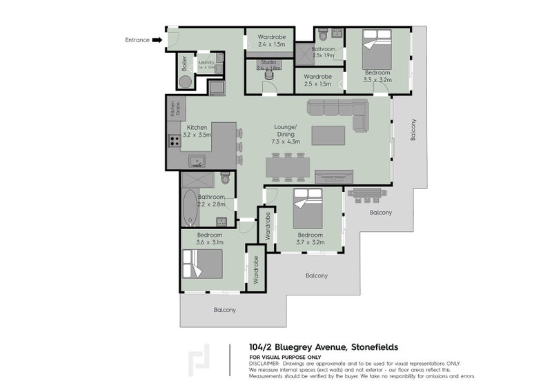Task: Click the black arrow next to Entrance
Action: pyautogui.click(x=157, y=40)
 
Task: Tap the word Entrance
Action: pyautogui.click(x=137, y=40)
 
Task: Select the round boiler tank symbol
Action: pyautogui.click(x=186, y=82)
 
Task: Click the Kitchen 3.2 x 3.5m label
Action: pyautogui.click(x=197, y=131)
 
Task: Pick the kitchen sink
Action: pyautogui.click(x=197, y=162)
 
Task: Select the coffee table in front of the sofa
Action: pyautogui.click(x=328, y=135)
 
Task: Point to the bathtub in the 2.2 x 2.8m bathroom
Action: pyautogui.click(x=188, y=208)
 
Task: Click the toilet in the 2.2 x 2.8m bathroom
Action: pyautogui.click(x=224, y=180)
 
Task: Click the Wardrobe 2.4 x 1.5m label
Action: pyautogui.click(x=270, y=40)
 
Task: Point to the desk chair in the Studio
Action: pyautogui.click(x=268, y=77)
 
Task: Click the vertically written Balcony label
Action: pyautogui.click(x=413, y=130)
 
